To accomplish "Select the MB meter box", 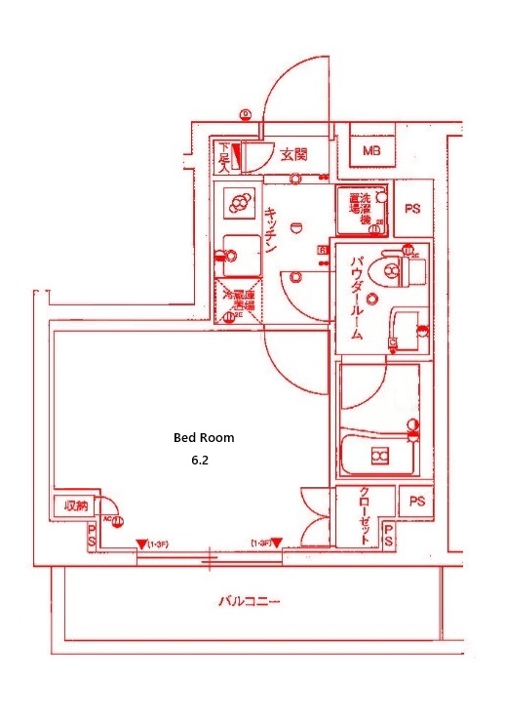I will coord(371,150).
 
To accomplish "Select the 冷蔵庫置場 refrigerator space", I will coord(237,302).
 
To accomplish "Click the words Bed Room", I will coord(204,438).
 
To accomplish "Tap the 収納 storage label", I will coord(75,505).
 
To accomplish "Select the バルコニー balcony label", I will coord(249,602).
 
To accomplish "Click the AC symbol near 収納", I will coord(113,521).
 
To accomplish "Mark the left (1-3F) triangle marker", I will coord(141,543).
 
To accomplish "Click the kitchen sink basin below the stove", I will coord(237,257).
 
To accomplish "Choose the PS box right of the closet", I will coord(417,502).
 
